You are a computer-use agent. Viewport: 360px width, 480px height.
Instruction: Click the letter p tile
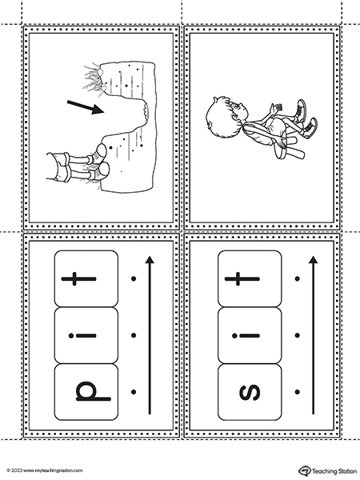86,392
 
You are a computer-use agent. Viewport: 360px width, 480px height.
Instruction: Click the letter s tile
250,392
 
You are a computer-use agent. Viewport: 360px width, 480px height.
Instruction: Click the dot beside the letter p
134,392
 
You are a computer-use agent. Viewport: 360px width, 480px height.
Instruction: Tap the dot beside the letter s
297,392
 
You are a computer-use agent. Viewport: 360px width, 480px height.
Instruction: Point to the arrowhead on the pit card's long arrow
150,260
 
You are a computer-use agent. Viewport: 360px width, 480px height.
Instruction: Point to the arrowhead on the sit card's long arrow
313,260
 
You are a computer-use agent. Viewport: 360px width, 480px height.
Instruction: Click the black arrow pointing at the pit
86,107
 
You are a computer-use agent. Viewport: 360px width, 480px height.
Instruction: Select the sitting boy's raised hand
276,108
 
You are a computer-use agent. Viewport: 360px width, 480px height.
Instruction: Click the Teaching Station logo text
334,471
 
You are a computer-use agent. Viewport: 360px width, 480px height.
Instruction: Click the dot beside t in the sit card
297,278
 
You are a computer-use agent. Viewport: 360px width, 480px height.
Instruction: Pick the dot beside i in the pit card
134,335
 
